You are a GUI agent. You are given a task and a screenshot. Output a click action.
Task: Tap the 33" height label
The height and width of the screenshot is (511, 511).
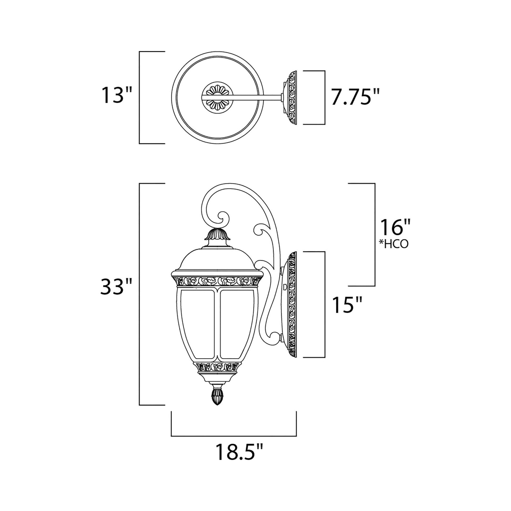(116, 286)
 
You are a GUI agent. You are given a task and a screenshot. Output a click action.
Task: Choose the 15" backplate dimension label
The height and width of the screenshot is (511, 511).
(347, 305)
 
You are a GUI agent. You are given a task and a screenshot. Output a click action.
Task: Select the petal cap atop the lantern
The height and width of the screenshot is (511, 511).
(217, 234)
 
